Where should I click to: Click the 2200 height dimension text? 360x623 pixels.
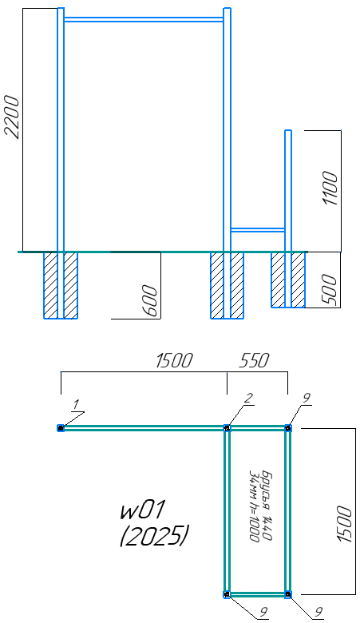pyautogui.click(x=11, y=117)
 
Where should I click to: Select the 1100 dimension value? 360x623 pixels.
pyautogui.click(x=330, y=188)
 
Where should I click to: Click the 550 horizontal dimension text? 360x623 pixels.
pyautogui.click(x=254, y=360)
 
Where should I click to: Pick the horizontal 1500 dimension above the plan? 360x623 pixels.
pyautogui.click(x=174, y=360)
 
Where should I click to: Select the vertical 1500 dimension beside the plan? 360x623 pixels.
pyautogui.click(x=345, y=524)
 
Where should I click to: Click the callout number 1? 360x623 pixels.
pyautogui.click(x=77, y=405)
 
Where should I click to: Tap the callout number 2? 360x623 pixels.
pyautogui.click(x=247, y=399)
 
